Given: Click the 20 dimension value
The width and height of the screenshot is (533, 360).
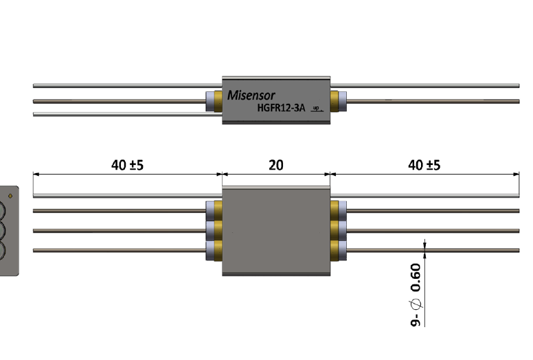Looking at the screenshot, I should [275, 165].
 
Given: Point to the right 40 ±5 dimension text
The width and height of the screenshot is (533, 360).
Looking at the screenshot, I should [424, 165].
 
